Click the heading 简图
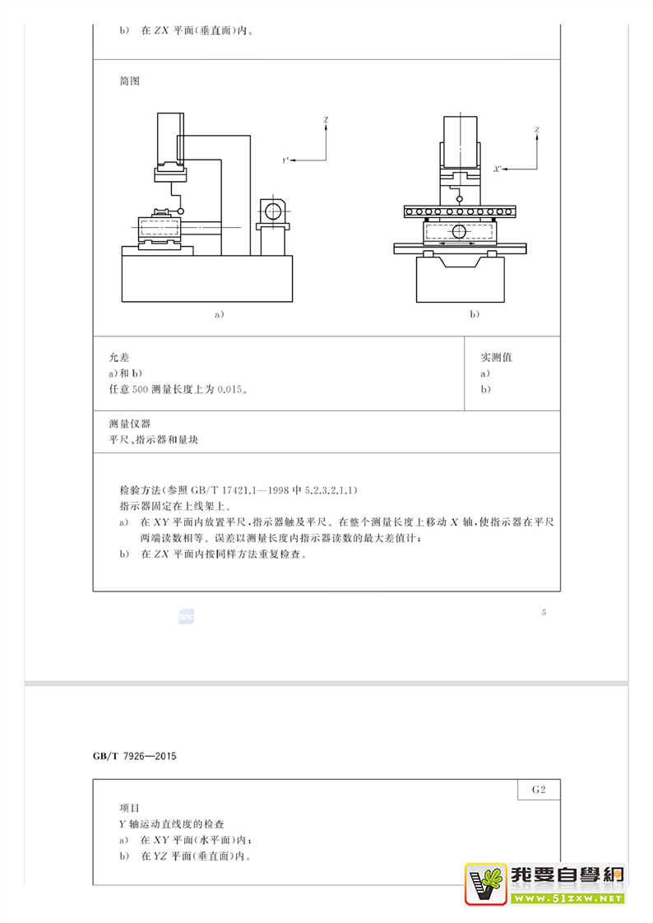pyautogui.click(x=130, y=81)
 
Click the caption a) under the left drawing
pyautogui.click(x=219, y=314)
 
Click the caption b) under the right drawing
pyautogui.click(x=474, y=314)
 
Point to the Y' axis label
pyautogui.click(x=285, y=161)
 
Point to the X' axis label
pyautogui.click(x=497, y=169)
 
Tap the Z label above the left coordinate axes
pyautogui.click(x=326, y=121)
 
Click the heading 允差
pyautogui.click(x=119, y=358)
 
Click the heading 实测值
pyautogui.click(x=497, y=358)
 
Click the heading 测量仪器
pyautogui.click(x=130, y=424)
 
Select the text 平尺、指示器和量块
pyautogui.click(x=153, y=440)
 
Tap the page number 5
pyautogui.click(x=544, y=612)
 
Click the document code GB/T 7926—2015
pyautogui.click(x=136, y=756)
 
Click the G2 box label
pyautogui.click(x=540, y=790)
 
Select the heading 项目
pyautogui.click(x=130, y=808)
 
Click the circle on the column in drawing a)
pyautogui.click(x=273, y=211)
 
